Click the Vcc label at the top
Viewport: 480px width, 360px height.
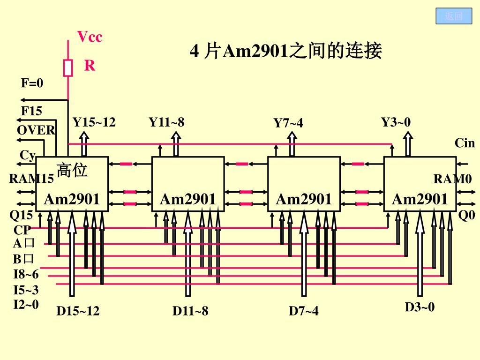[90, 37]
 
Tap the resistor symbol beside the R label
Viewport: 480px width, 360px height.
[68, 67]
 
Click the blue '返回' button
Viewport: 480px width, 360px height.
[453, 16]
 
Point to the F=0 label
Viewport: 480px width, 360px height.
[32, 83]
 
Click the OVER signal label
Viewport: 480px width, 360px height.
[36, 130]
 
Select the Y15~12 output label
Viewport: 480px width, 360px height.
[94, 122]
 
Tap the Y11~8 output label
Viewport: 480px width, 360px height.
[166, 122]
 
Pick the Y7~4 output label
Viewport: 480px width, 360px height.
[288, 123]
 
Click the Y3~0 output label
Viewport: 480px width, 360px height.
[396, 122]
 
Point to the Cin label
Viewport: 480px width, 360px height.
[465, 143]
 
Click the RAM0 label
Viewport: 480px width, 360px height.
[452, 179]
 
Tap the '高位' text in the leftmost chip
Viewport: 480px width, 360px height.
[72, 170]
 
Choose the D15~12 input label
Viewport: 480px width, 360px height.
[78, 311]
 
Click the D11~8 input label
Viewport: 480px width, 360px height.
[190, 311]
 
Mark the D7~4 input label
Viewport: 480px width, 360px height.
[303, 311]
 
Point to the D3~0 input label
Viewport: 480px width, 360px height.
[420, 307]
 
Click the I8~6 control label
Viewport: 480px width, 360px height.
[26, 274]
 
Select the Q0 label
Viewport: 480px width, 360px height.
[466, 216]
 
